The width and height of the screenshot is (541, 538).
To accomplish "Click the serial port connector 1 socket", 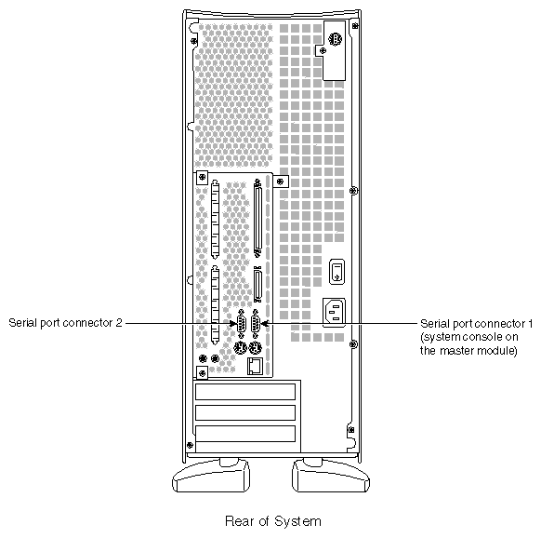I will pyautogui.click(x=257, y=324).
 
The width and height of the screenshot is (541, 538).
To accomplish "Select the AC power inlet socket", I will pyautogui.click(x=336, y=312).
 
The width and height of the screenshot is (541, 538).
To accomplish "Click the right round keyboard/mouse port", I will pyautogui.click(x=257, y=350).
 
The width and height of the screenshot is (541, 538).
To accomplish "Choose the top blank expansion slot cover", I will pyautogui.click(x=245, y=394).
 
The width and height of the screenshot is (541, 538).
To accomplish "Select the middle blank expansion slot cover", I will pyautogui.click(x=245, y=413).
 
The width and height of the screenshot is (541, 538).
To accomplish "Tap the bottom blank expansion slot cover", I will pyautogui.click(x=245, y=434).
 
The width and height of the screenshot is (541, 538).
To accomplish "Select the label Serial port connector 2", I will pyautogui.click(x=65, y=323).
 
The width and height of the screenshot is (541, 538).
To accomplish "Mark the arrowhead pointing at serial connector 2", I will pyautogui.click(x=236, y=323).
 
